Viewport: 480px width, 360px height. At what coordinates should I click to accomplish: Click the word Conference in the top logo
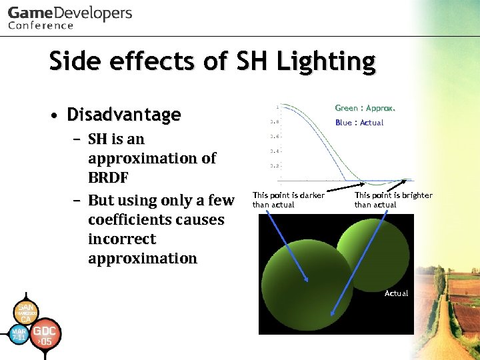pyautogui.click(x=41, y=25)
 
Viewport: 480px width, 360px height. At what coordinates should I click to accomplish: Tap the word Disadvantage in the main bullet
pyautogui.click(x=123, y=115)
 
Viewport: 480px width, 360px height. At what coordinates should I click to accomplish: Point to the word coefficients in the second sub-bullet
pyautogui.click(x=156, y=219)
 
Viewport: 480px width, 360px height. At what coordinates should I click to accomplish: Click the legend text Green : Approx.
pyautogui.click(x=365, y=108)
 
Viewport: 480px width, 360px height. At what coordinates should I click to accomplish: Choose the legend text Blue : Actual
pyautogui.click(x=359, y=123)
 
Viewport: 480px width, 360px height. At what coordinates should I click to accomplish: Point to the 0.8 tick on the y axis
pyautogui.click(x=274, y=122)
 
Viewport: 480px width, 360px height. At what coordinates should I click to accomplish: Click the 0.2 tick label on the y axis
pyautogui.click(x=274, y=165)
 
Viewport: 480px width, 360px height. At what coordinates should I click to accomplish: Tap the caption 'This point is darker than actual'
pyautogui.click(x=288, y=199)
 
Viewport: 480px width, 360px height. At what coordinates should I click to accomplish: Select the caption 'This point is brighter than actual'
pyautogui.click(x=393, y=199)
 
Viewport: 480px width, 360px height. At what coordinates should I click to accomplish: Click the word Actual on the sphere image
pyautogui.click(x=396, y=293)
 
